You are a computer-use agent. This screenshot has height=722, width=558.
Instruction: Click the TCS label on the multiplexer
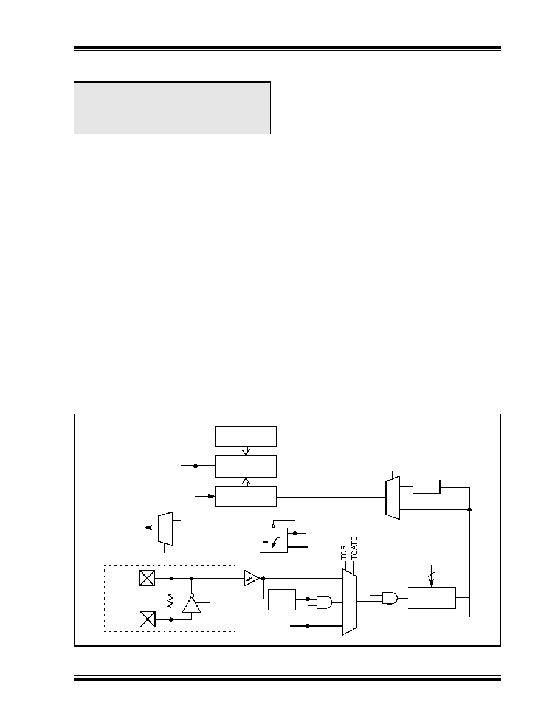click(x=344, y=552)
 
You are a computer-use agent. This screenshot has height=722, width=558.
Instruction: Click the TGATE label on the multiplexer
click(x=354, y=548)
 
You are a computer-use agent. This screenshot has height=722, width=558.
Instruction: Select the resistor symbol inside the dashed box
click(x=170, y=600)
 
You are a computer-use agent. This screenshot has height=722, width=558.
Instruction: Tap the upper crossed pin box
click(x=147, y=578)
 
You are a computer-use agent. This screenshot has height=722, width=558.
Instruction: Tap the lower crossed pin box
click(x=147, y=619)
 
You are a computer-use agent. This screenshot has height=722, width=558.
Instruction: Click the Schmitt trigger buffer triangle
click(x=252, y=578)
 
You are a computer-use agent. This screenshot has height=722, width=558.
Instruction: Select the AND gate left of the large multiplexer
click(x=324, y=602)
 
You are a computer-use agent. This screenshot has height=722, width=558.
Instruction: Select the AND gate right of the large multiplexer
click(x=390, y=598)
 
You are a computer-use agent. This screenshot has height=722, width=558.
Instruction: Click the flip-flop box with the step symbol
click(x=274, y=540)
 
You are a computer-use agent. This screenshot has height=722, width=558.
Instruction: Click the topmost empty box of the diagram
click(x=246, y=436)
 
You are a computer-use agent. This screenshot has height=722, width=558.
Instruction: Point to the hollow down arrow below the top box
click(x=246, y=451)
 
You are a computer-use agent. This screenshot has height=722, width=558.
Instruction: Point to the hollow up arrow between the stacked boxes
click(x=246, y=482)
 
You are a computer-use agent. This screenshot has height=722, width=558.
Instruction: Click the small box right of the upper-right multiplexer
click(x=426, y=487)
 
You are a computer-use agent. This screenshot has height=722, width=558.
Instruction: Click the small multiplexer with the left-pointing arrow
click(x=165, y=529)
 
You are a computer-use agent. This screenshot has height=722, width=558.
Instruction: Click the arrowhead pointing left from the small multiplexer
click(x=147, y=528)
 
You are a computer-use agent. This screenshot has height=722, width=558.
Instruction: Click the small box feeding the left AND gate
click(x=282, y=599)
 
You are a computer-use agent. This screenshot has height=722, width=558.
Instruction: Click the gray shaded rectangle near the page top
click(x=172, y=108)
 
